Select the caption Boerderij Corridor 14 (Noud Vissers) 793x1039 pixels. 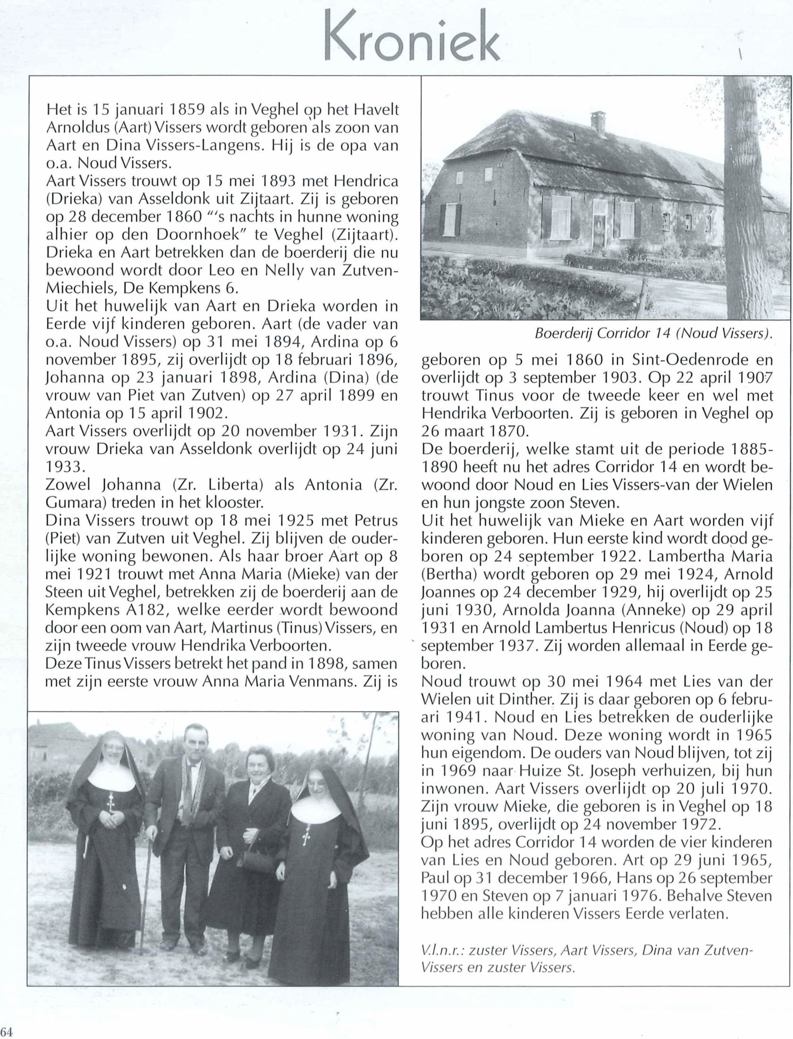point(654,333)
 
